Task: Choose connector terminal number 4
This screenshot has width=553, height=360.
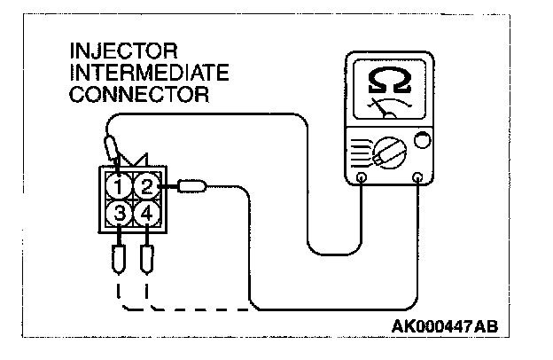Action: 146,214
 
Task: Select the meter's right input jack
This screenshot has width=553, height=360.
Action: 419,177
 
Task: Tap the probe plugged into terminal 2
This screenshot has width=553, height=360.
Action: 191,186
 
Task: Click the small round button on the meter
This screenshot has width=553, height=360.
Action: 422,139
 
